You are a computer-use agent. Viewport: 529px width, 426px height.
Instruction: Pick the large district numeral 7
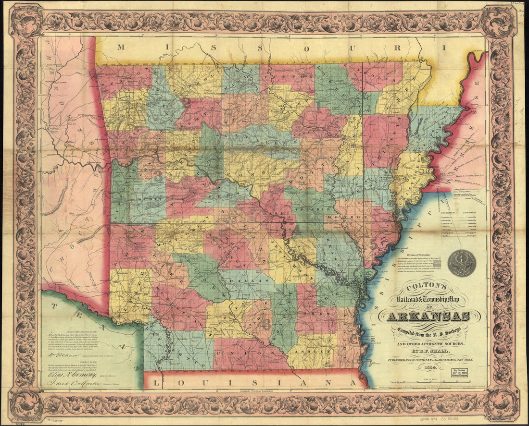tap(169, 268)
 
